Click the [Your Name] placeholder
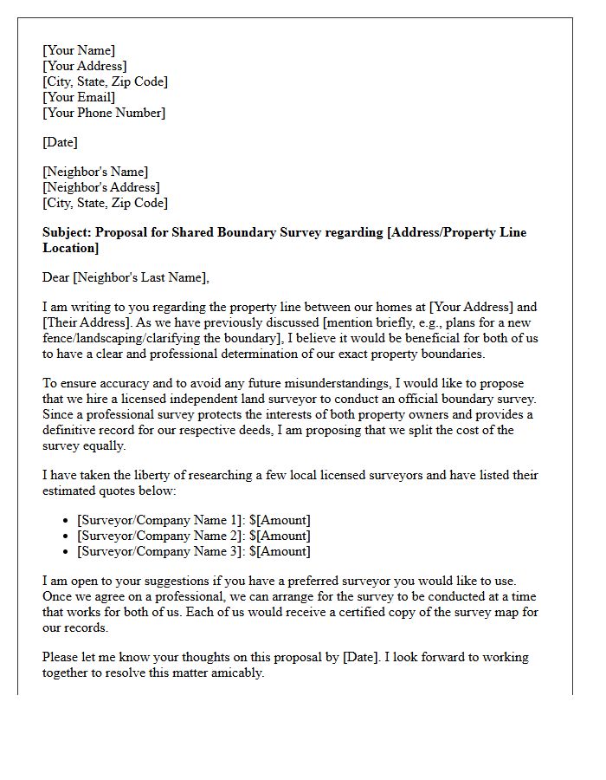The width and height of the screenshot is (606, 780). coord(79,50)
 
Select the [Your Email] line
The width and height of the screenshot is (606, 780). coord(79,97)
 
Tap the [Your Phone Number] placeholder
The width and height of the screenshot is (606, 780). coord(104,113)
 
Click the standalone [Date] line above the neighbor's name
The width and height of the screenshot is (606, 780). coord(60,142)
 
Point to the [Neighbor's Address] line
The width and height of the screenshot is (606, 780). coord(100,187)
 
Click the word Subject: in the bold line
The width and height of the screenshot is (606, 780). coord(67,232)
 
